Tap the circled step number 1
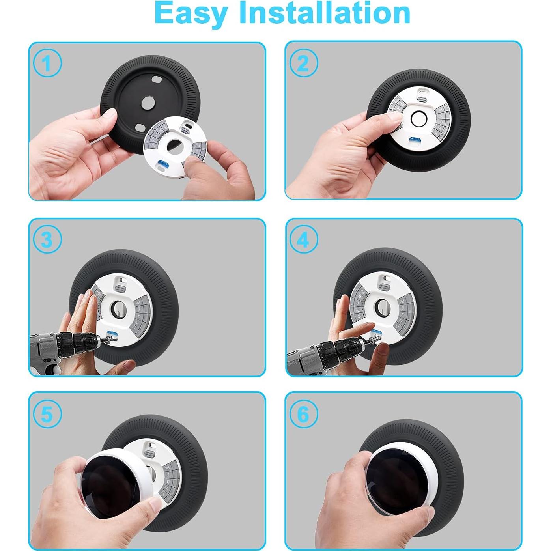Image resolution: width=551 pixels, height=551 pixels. click(x=47, y=64)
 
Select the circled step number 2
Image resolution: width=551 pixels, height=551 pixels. click(x=303, y=63)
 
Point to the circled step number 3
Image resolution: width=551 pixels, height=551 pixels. click(x=47, y=239)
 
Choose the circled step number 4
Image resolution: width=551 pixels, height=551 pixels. click(x=303, y=239)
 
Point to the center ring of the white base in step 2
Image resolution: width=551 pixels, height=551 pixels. click(x=419, y=118)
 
